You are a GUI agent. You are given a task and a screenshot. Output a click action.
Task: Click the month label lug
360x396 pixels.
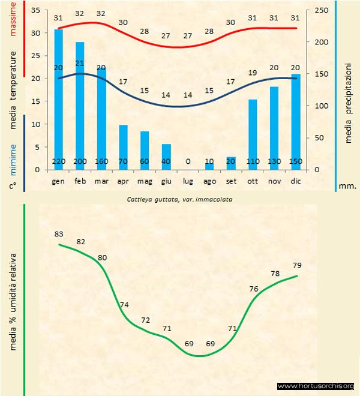(188, 180)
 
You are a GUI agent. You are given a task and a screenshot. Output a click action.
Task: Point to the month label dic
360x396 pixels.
(295, 180)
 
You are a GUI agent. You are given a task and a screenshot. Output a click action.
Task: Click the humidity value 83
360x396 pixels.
(59, 233)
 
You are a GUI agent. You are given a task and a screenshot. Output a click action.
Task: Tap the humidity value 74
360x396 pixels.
(124, 305)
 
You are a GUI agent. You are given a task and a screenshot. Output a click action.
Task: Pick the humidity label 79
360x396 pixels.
(296, 265)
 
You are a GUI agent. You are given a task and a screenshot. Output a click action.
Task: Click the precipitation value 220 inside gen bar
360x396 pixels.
(59, 162)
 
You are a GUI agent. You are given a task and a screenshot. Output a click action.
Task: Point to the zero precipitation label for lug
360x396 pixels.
(188, 162)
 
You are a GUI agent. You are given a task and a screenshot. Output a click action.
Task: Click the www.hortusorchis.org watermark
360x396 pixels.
(316, 386)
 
